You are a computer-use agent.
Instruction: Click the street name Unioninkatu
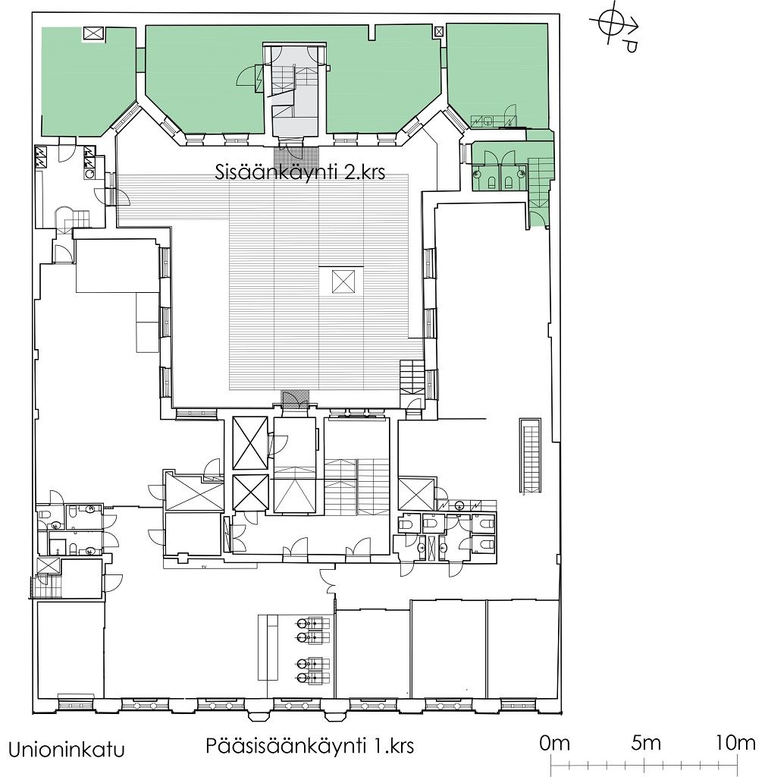point(67,750)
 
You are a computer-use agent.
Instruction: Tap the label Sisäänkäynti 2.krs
point(300,172)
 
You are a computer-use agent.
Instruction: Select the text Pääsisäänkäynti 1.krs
point(309,746)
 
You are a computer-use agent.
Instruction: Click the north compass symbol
point(614,29)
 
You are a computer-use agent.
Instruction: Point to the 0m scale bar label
point(554,744)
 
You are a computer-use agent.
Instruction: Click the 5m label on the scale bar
point(646,744)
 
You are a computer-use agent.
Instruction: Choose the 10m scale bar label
point(735,744)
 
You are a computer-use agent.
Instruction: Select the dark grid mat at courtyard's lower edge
point(295,399)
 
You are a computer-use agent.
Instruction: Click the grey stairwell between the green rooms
point(296,91)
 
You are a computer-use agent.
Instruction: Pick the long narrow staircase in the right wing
point(530,456)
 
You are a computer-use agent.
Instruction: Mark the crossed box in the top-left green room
point(93,34)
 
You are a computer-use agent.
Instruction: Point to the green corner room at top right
point(497,74)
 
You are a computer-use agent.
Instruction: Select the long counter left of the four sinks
point(268,648)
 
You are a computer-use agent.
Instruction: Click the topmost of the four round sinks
point(303,624)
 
